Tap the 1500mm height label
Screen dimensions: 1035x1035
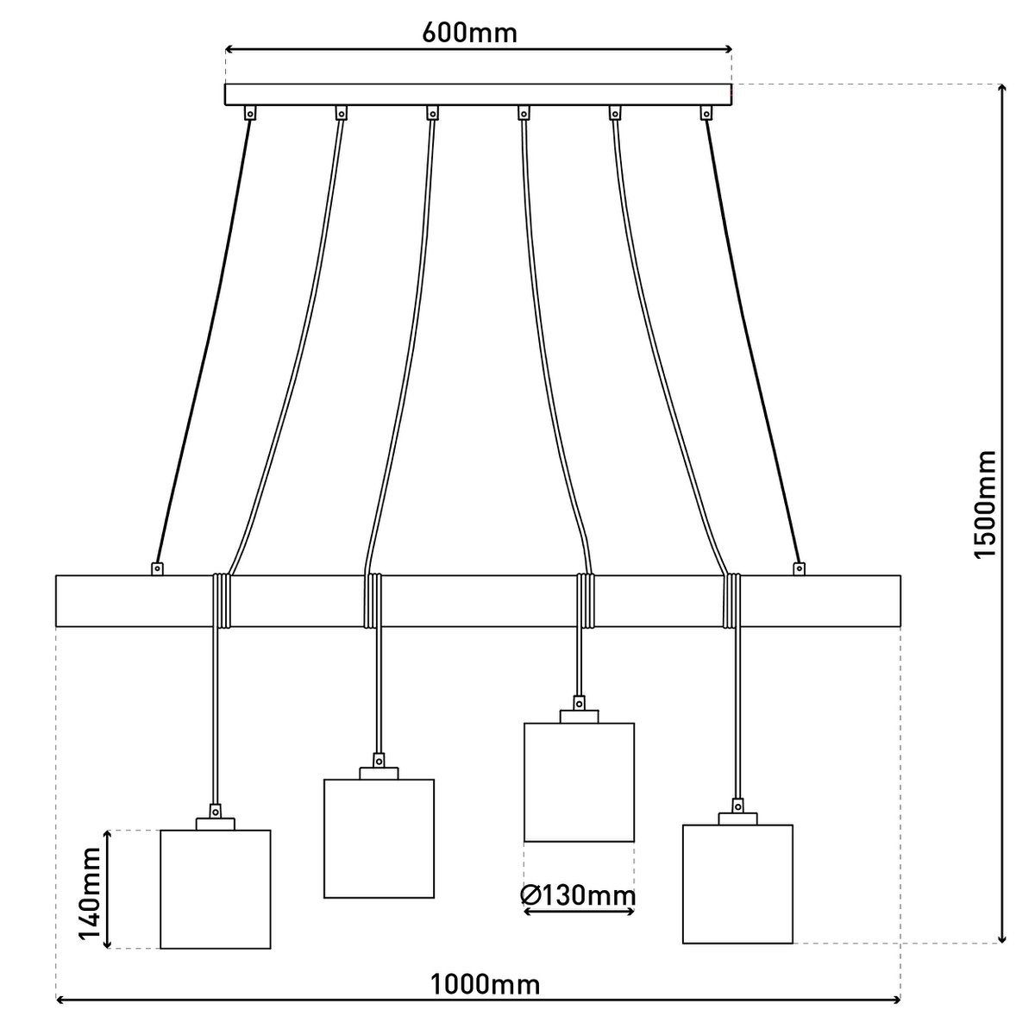984,504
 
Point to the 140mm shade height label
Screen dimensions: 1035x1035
89,889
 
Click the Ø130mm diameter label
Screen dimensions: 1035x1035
579,896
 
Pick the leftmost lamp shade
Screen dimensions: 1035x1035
216,888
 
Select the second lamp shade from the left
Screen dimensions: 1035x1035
379,838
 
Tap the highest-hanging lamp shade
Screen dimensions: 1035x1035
579,781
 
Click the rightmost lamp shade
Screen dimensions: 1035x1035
737,883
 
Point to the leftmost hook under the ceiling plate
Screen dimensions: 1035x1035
250,112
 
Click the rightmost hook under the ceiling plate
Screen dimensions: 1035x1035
707,112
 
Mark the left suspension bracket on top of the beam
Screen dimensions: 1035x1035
157,568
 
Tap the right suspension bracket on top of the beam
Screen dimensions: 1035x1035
799,568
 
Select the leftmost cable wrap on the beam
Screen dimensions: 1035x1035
223,599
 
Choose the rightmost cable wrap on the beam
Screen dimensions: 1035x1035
732,599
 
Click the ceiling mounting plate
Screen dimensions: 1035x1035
479,94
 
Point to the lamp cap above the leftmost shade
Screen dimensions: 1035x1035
216,818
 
